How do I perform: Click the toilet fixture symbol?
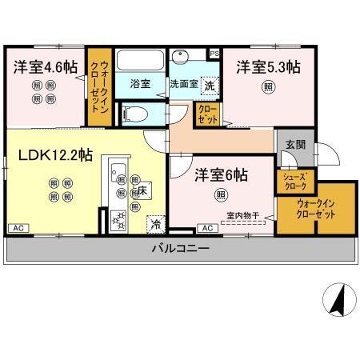pos(137,112)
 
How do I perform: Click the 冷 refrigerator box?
pos(154,225)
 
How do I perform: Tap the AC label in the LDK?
pos(16,229)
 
